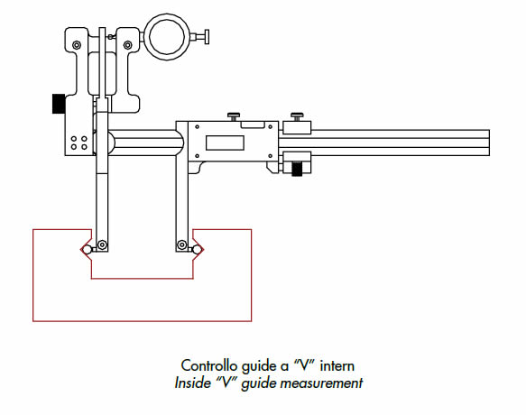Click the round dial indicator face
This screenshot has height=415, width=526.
click(167, 37)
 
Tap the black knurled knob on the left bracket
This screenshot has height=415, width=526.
click(59, 104)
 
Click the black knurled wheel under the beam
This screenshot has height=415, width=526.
click(297, 169)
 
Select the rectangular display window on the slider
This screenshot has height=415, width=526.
click(225, 143)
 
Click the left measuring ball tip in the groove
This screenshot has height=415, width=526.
click(87, 250)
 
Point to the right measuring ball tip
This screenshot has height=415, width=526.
click(197, 250)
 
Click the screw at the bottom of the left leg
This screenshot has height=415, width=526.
click(102, 244)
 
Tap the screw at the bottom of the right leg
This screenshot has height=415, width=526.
click(182, 244)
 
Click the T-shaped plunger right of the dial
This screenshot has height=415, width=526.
click(200, 37)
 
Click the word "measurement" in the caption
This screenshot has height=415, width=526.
click(321, 383)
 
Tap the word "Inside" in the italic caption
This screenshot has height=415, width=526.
click(192, 383)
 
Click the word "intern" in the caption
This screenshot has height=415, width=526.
click(337, 365)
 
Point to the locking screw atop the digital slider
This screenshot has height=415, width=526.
click(234, 117)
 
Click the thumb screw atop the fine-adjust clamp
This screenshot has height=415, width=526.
click(297, 117)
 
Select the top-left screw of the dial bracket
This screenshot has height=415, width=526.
click(77, 44)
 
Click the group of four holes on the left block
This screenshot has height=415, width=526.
click(79, 143)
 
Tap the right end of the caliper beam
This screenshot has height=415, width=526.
click(489, 143)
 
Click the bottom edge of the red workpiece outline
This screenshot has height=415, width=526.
click(143, 321)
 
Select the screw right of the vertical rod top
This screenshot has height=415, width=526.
click(111, 36)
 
